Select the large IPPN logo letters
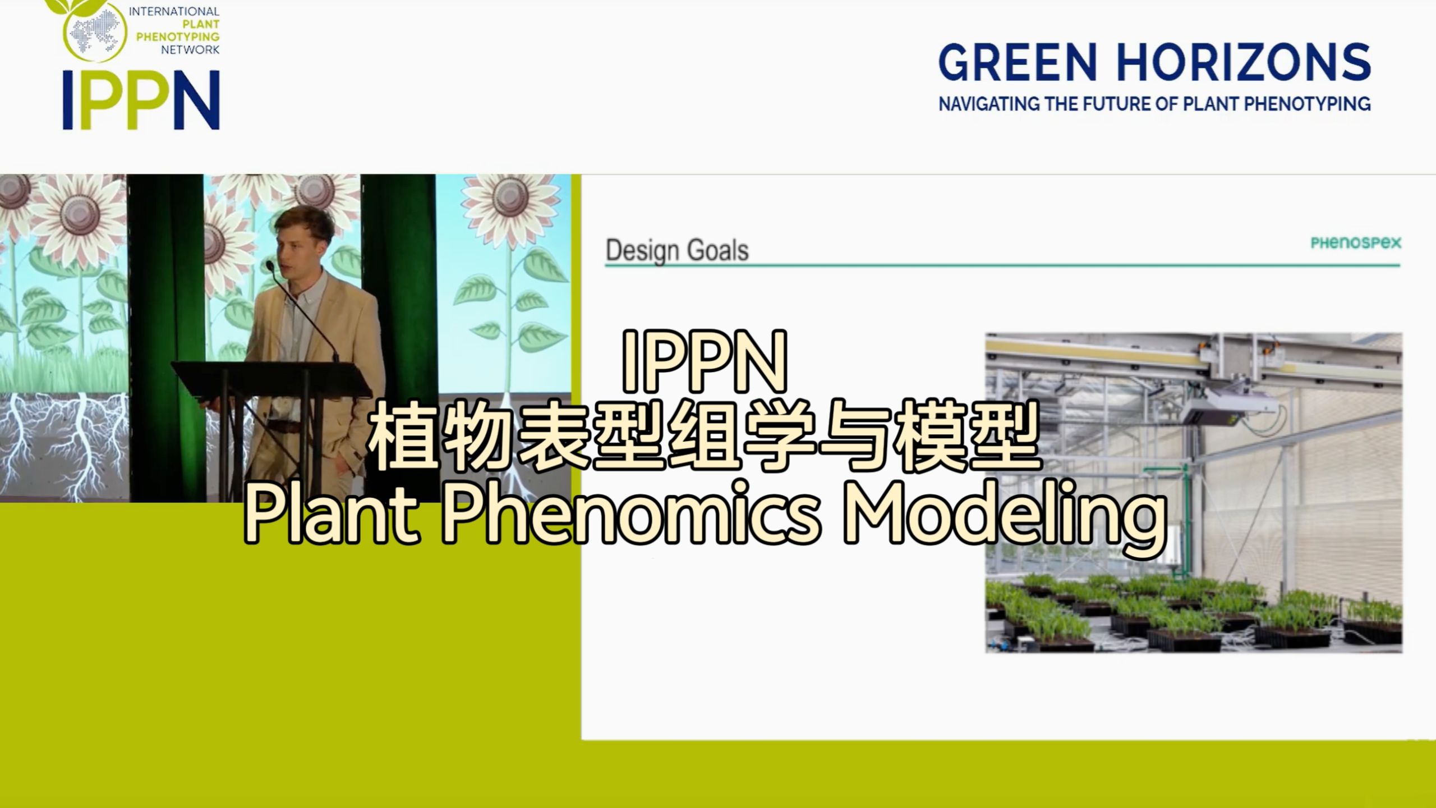(x=141, y=100)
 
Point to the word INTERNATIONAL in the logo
(x=174, y=11)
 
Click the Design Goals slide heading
(x=677, y=251)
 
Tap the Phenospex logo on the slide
(x=1356, y=243)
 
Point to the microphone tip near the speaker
(x=270, y=265)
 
